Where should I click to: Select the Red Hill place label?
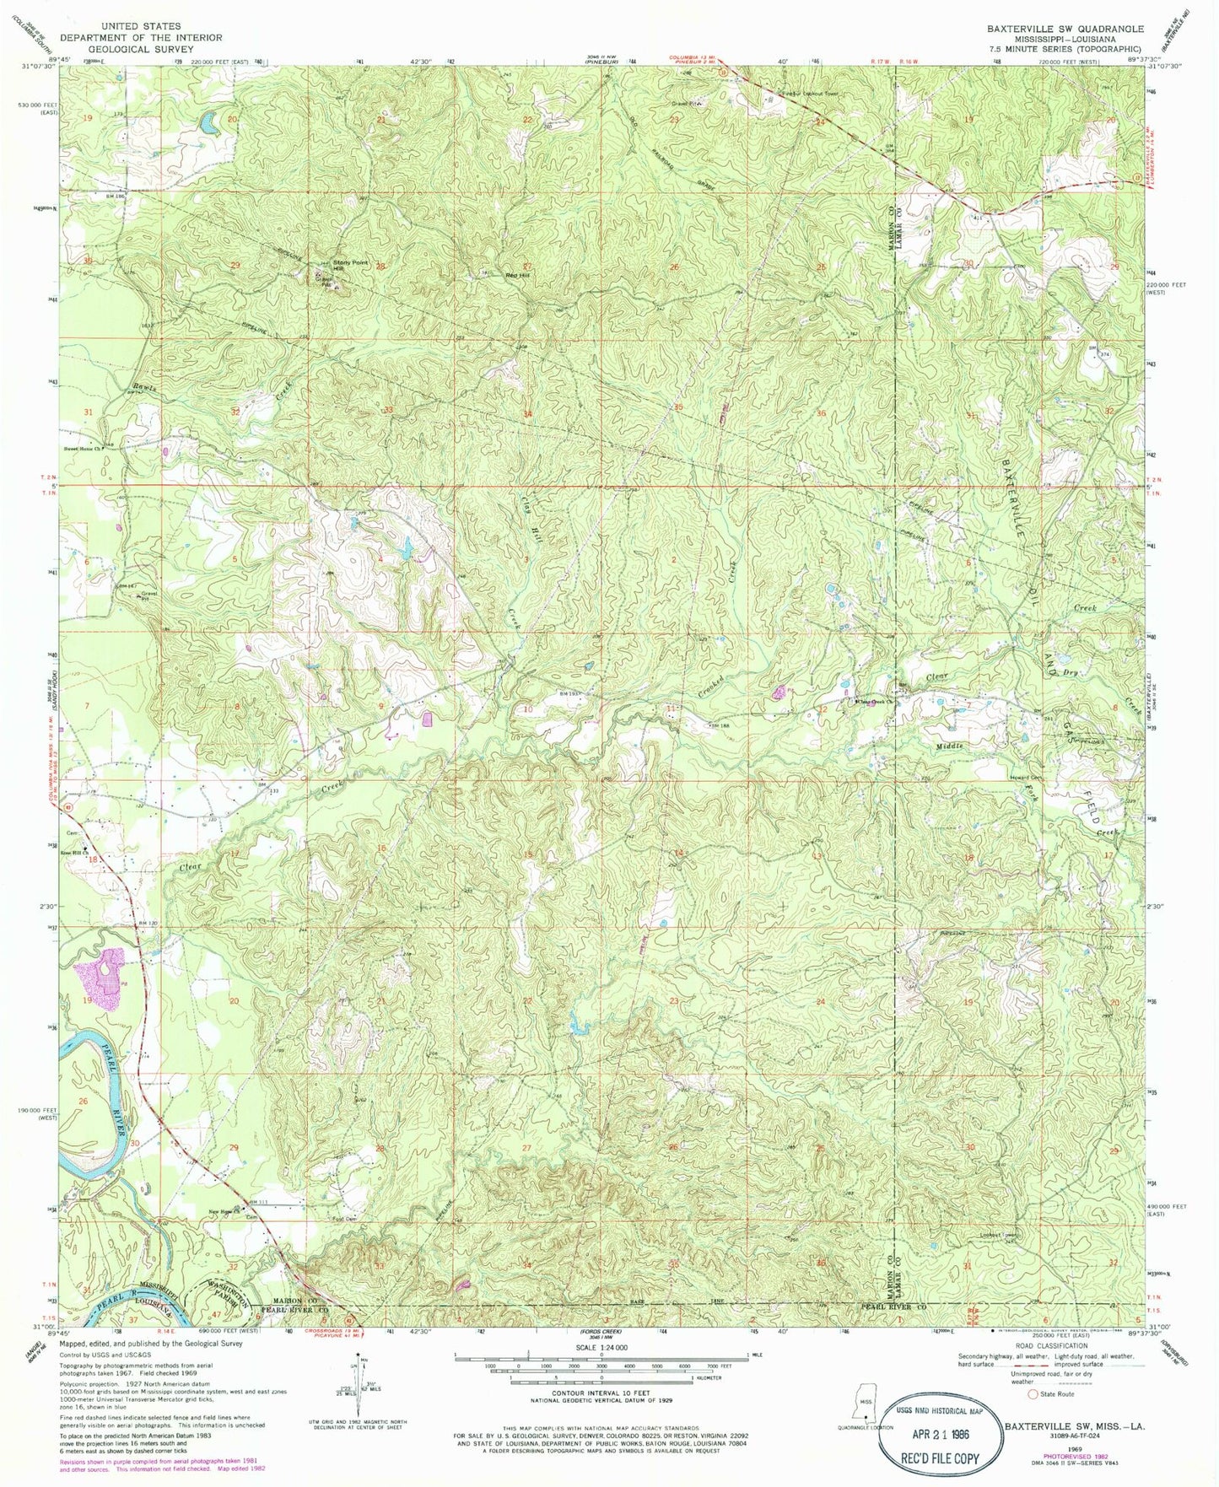(517, 276)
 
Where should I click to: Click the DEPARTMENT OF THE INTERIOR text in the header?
(160, 38)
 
